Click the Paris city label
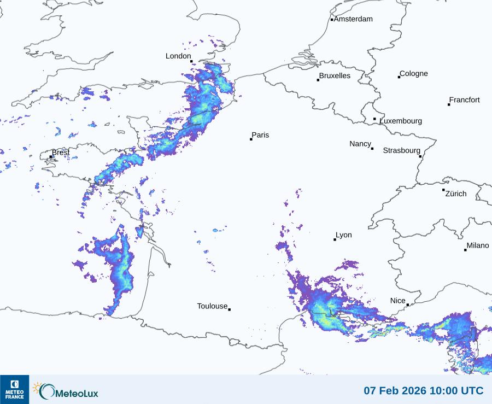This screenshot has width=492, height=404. pos(260,135)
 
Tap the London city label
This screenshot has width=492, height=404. pos(178,56)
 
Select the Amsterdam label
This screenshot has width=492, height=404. pos(353,19)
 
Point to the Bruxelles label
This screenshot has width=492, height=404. pos(335,75)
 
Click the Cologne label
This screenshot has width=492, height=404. pos(414,73)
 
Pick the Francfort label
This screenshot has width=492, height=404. pos(464,99)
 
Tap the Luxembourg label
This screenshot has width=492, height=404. pos(401,121)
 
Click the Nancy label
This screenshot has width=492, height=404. pos(360,143)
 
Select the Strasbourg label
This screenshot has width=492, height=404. pos(401,150)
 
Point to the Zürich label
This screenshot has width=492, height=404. pos(456,194)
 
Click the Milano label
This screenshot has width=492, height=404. pos(478,245)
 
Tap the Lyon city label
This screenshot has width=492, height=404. pos(344,235)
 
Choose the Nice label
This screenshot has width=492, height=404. pos(397,301)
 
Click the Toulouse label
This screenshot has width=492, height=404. pos(212,306)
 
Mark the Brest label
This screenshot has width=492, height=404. pos(61,153)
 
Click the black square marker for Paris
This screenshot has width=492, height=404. pos(251,139)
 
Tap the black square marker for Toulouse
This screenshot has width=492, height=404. pos(229,309)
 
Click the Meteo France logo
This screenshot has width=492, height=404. pos(14,389)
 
